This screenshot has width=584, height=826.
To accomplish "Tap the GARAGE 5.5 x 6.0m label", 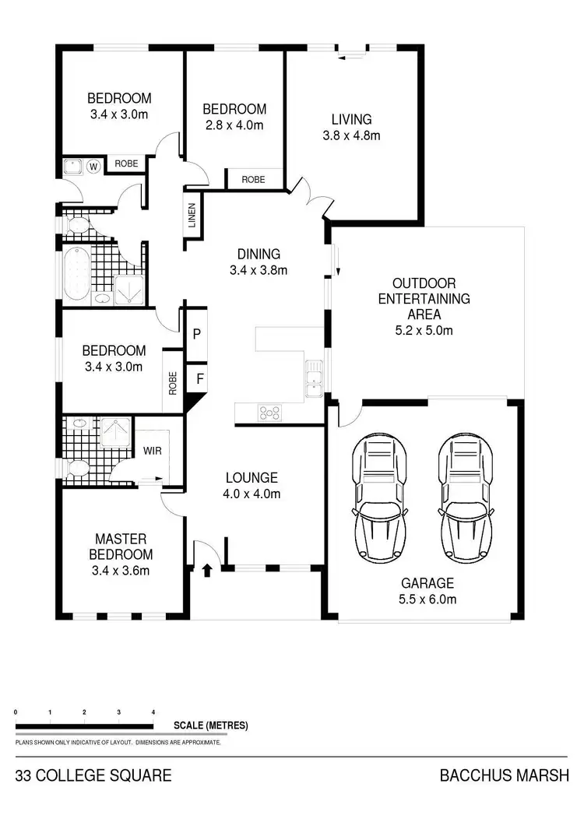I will (x=427, y=591).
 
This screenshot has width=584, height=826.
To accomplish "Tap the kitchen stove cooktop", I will (x=269, y=413).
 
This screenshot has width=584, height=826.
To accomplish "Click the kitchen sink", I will (x=314, y=378).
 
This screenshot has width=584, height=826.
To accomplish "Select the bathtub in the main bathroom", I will (x=76, y=274).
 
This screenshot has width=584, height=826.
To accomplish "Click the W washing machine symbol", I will (x=93, y=166).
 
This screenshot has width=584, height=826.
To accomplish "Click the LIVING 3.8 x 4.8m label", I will (x=351, y=128).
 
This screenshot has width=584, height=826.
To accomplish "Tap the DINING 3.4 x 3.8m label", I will (x=259, y=262).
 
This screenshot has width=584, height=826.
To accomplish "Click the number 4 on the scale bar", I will (x=153, y=712).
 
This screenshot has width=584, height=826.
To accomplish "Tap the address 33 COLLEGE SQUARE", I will (x=93, y=775).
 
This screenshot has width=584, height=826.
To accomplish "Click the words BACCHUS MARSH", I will (x=505, y=775).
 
